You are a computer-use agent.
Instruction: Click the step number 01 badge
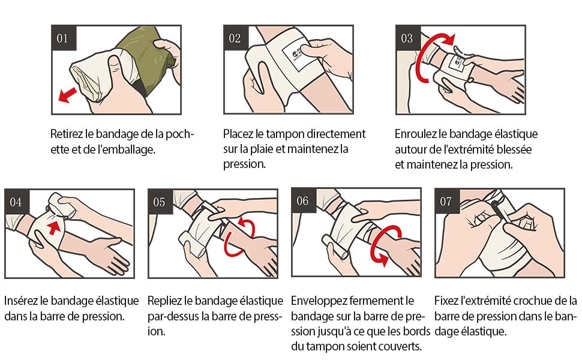64,38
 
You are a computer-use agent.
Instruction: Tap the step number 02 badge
236,38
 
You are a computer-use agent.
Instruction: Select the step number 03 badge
408,38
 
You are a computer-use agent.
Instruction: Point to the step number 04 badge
17,202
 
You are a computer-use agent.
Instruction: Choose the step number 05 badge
160,202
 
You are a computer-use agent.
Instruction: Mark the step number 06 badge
304,201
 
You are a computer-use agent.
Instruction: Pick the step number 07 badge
447,201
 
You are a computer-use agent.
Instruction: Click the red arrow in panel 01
68,95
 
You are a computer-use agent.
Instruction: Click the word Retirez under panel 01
64,134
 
